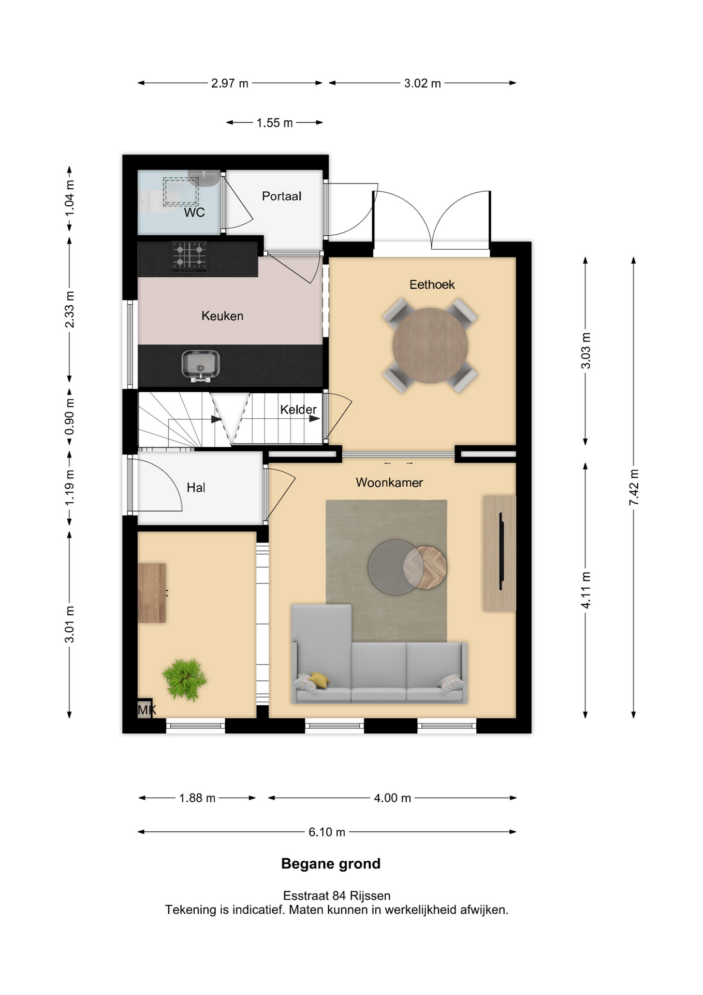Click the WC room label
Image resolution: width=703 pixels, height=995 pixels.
pyautogui.click(x=194, y=212)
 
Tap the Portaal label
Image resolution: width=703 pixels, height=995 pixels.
pyautogui.click(x=282, y=196)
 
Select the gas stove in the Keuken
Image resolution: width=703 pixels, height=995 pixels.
pyautogui.click(x=189, y=257)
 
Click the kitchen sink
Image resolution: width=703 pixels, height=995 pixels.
pyautogui.click(x=201, y=365)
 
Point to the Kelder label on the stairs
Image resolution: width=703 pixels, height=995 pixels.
pyautogui.click(x=298, y=409)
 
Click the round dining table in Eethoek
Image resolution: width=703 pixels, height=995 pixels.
pyautogui.click(x=430, y=346)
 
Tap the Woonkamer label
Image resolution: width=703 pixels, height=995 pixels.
pyautogui.click(x=389, y=482)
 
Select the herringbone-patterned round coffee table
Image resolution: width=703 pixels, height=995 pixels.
pyautogui.click(x=425, y=567)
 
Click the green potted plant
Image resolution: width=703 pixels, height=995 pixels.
pyautogui.click(x=184, y=679)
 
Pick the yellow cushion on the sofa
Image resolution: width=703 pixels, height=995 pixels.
pyautogui.click(x=319, y=680)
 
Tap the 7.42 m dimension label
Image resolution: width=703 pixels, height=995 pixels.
pyautogui.click(x=634, y=487)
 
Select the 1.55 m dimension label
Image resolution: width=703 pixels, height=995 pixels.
pyautogui.click(x=274, y=123)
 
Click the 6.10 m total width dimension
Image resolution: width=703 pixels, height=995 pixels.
pyautogui.click(x=327, y=832)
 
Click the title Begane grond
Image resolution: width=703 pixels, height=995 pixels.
pyautogui.click(x=331, y=863)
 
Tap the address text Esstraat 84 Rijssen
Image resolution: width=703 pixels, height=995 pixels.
pyautogui.click(x=336, y=895)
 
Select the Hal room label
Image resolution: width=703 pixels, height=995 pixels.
pyautogui.click(x=196, y=488)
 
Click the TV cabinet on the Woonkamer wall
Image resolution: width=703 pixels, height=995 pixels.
pyautogui.click(x=500, y=553)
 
